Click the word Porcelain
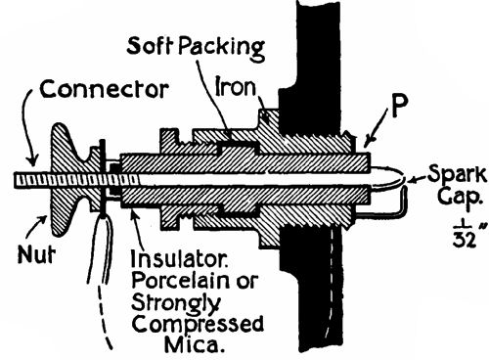tap(190, 284)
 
